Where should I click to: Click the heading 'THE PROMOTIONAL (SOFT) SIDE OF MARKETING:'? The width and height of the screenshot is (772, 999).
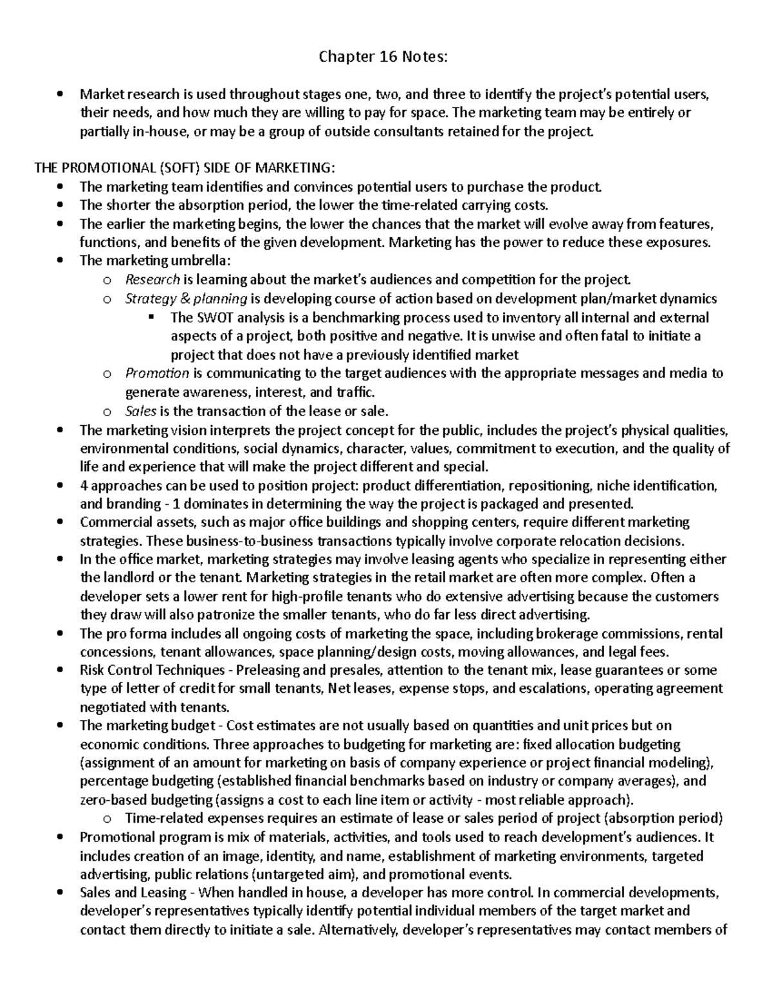coord(184,168)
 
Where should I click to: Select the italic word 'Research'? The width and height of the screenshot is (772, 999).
coord(152,280)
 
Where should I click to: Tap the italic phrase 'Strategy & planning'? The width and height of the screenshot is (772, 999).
coord(187,298)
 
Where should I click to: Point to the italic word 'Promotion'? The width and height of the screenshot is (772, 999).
coord(157,373)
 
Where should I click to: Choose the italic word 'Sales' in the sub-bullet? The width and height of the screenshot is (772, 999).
coord(140,411)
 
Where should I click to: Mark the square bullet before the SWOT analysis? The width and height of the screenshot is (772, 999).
coord(152,317)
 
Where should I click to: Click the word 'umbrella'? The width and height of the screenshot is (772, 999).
coord(198,261)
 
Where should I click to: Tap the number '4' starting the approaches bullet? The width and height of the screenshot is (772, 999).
coord(83,485)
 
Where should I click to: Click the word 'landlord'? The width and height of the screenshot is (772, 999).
coord(127,578)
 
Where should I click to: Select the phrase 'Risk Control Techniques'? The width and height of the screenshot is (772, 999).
coord(152,671)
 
